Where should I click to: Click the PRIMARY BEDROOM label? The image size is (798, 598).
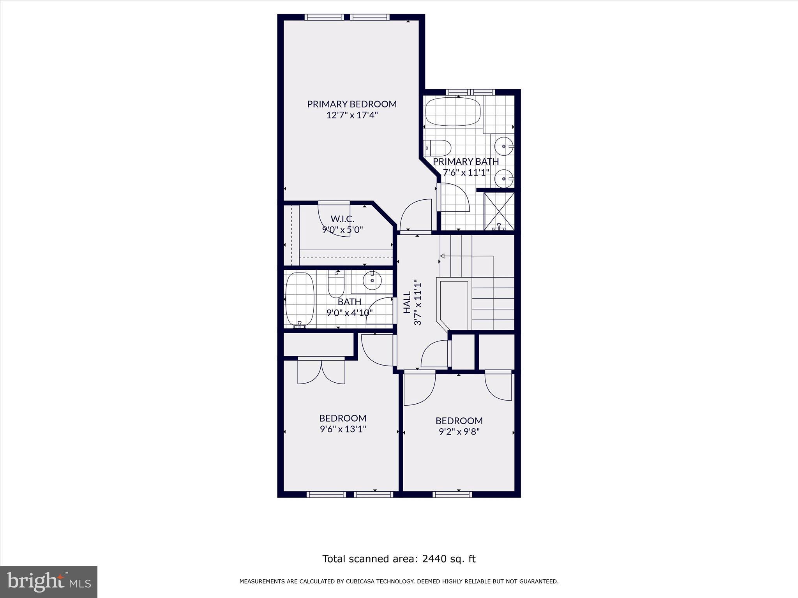point(351,104)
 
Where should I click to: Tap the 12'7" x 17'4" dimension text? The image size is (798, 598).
point(352,115)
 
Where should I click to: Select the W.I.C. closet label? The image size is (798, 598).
point(342,219)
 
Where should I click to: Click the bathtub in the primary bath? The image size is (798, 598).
point(453,112)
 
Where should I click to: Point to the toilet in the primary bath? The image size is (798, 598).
point(439,148)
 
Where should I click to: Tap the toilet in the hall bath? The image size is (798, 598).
point(336,285)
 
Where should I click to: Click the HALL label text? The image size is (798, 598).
point(407,303)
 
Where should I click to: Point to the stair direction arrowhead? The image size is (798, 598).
point(443,256)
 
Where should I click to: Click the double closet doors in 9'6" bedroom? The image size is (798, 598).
point(321,372)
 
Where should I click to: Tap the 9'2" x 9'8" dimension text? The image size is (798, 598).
point(459,431)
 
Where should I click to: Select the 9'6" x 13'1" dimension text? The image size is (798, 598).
point(343,429)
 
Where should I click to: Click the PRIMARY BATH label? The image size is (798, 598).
point(466,161)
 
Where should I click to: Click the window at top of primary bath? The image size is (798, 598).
point(470,92)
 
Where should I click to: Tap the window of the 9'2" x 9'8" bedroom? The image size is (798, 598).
point(452,494)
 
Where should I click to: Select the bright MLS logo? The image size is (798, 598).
point(49,582)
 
